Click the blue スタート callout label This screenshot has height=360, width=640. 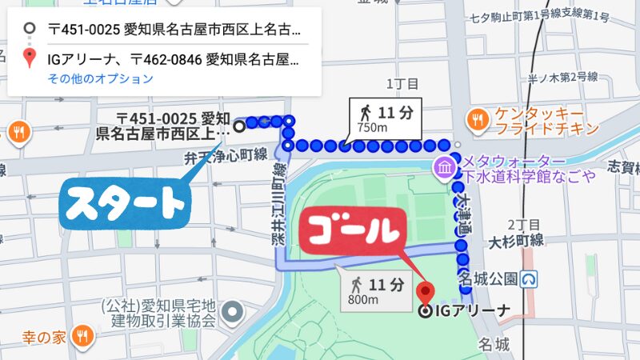[x=124, y=204]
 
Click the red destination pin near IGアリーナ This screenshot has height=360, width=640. [x=425, y=291]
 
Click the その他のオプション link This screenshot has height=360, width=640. [x=100, y=78]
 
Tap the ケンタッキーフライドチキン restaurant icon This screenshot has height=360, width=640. [x=479, y=119]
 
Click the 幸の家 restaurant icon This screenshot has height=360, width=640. [x=81, y=336]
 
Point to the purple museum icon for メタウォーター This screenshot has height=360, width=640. [x=442, y=168]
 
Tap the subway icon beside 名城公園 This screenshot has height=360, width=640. [x=528, y=279]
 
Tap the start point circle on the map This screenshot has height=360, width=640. [x=238, y=126]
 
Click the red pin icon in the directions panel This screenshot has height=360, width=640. [x=30, y=58]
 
